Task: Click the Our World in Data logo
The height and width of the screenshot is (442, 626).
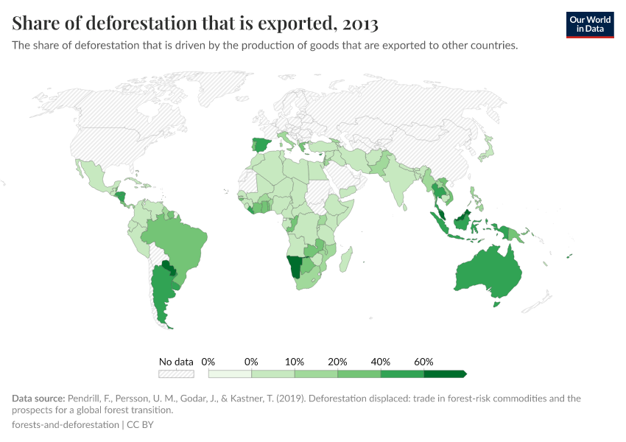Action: click(x=589, y=24)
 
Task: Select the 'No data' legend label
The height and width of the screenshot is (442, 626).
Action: click(x=176, y=362)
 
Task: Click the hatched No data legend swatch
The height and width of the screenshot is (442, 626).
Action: click(x=176, y=374)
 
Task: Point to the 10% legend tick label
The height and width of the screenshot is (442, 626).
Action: click(x=295, y=362)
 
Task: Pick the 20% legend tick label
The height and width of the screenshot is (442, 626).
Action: click(x=338, y=362)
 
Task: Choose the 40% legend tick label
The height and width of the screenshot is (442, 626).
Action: click(x=381, y=362)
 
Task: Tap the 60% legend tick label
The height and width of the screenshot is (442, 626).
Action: click(x=423, y=362)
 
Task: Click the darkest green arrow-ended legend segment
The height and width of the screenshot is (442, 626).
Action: click(x=445, y=374)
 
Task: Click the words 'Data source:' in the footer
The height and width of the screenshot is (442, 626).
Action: click(x=38, y=399)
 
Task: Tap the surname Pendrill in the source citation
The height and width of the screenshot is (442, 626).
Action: click(x=88, y=399)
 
